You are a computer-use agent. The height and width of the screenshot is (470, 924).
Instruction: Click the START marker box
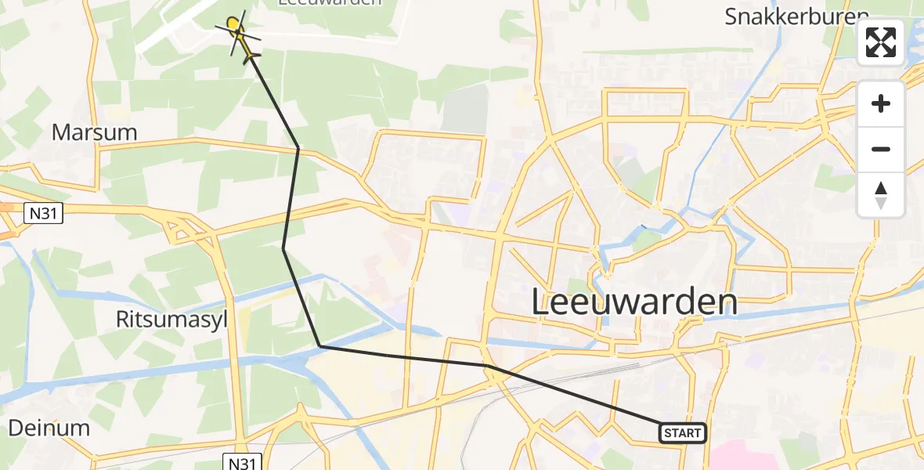coord(683,433)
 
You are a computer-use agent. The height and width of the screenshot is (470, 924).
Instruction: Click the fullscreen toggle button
coord(881,42)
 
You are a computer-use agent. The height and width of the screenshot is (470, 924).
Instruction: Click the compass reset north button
coord(881,195)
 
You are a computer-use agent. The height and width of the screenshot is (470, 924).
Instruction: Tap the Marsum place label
coord(95,132)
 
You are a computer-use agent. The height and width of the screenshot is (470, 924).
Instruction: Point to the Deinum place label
coord(49,428)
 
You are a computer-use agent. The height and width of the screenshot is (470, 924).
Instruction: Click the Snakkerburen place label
coord(797,17)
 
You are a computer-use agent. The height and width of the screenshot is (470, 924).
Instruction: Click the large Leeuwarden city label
coord(634,302)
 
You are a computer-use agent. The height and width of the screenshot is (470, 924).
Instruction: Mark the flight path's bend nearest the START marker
coord(486,366)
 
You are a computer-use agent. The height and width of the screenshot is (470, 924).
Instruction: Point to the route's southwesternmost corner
coord(319,346)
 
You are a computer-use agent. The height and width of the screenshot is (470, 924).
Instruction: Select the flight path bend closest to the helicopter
coord(298,147)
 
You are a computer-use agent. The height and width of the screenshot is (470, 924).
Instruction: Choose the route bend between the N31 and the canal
coord(283,248)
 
